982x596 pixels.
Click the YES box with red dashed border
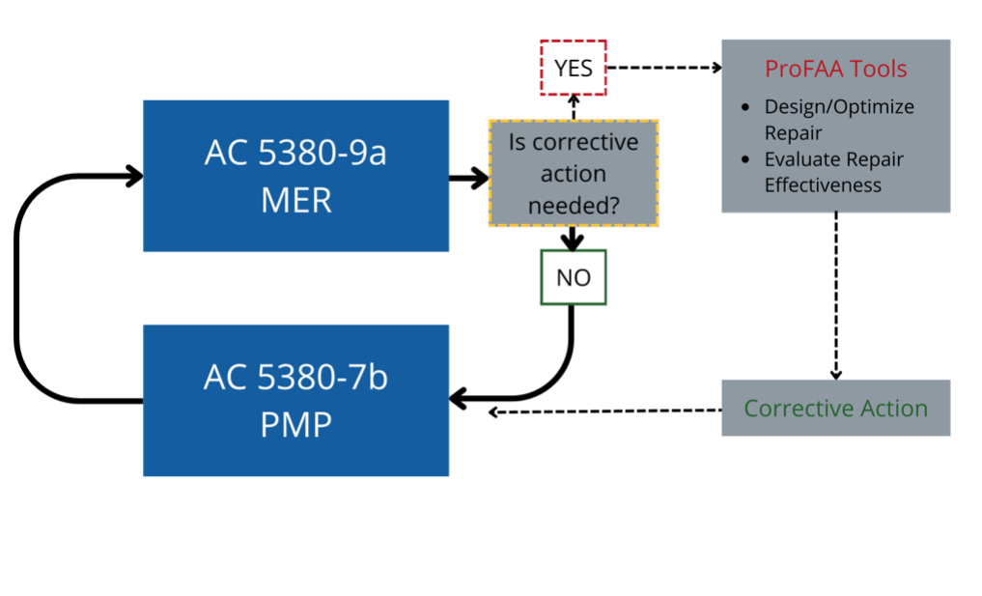(574, 68)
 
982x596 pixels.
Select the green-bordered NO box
(574, 278)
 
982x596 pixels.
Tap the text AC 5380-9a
(295, 153)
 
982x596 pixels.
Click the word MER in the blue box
(295, 200)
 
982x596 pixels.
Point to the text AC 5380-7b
(295, 378)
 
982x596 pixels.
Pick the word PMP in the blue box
(295, 425)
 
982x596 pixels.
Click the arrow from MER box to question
(469, 178)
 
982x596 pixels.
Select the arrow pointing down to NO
(574, 239)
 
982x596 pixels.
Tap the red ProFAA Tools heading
(835, 69)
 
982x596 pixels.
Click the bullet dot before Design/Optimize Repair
(744, 106)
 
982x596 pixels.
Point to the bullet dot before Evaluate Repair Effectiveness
(744, 159)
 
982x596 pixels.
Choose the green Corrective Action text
(835, 408)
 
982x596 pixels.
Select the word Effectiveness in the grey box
(823, 185)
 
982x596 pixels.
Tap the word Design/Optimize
(839, 106)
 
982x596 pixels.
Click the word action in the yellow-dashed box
(574, 174)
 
